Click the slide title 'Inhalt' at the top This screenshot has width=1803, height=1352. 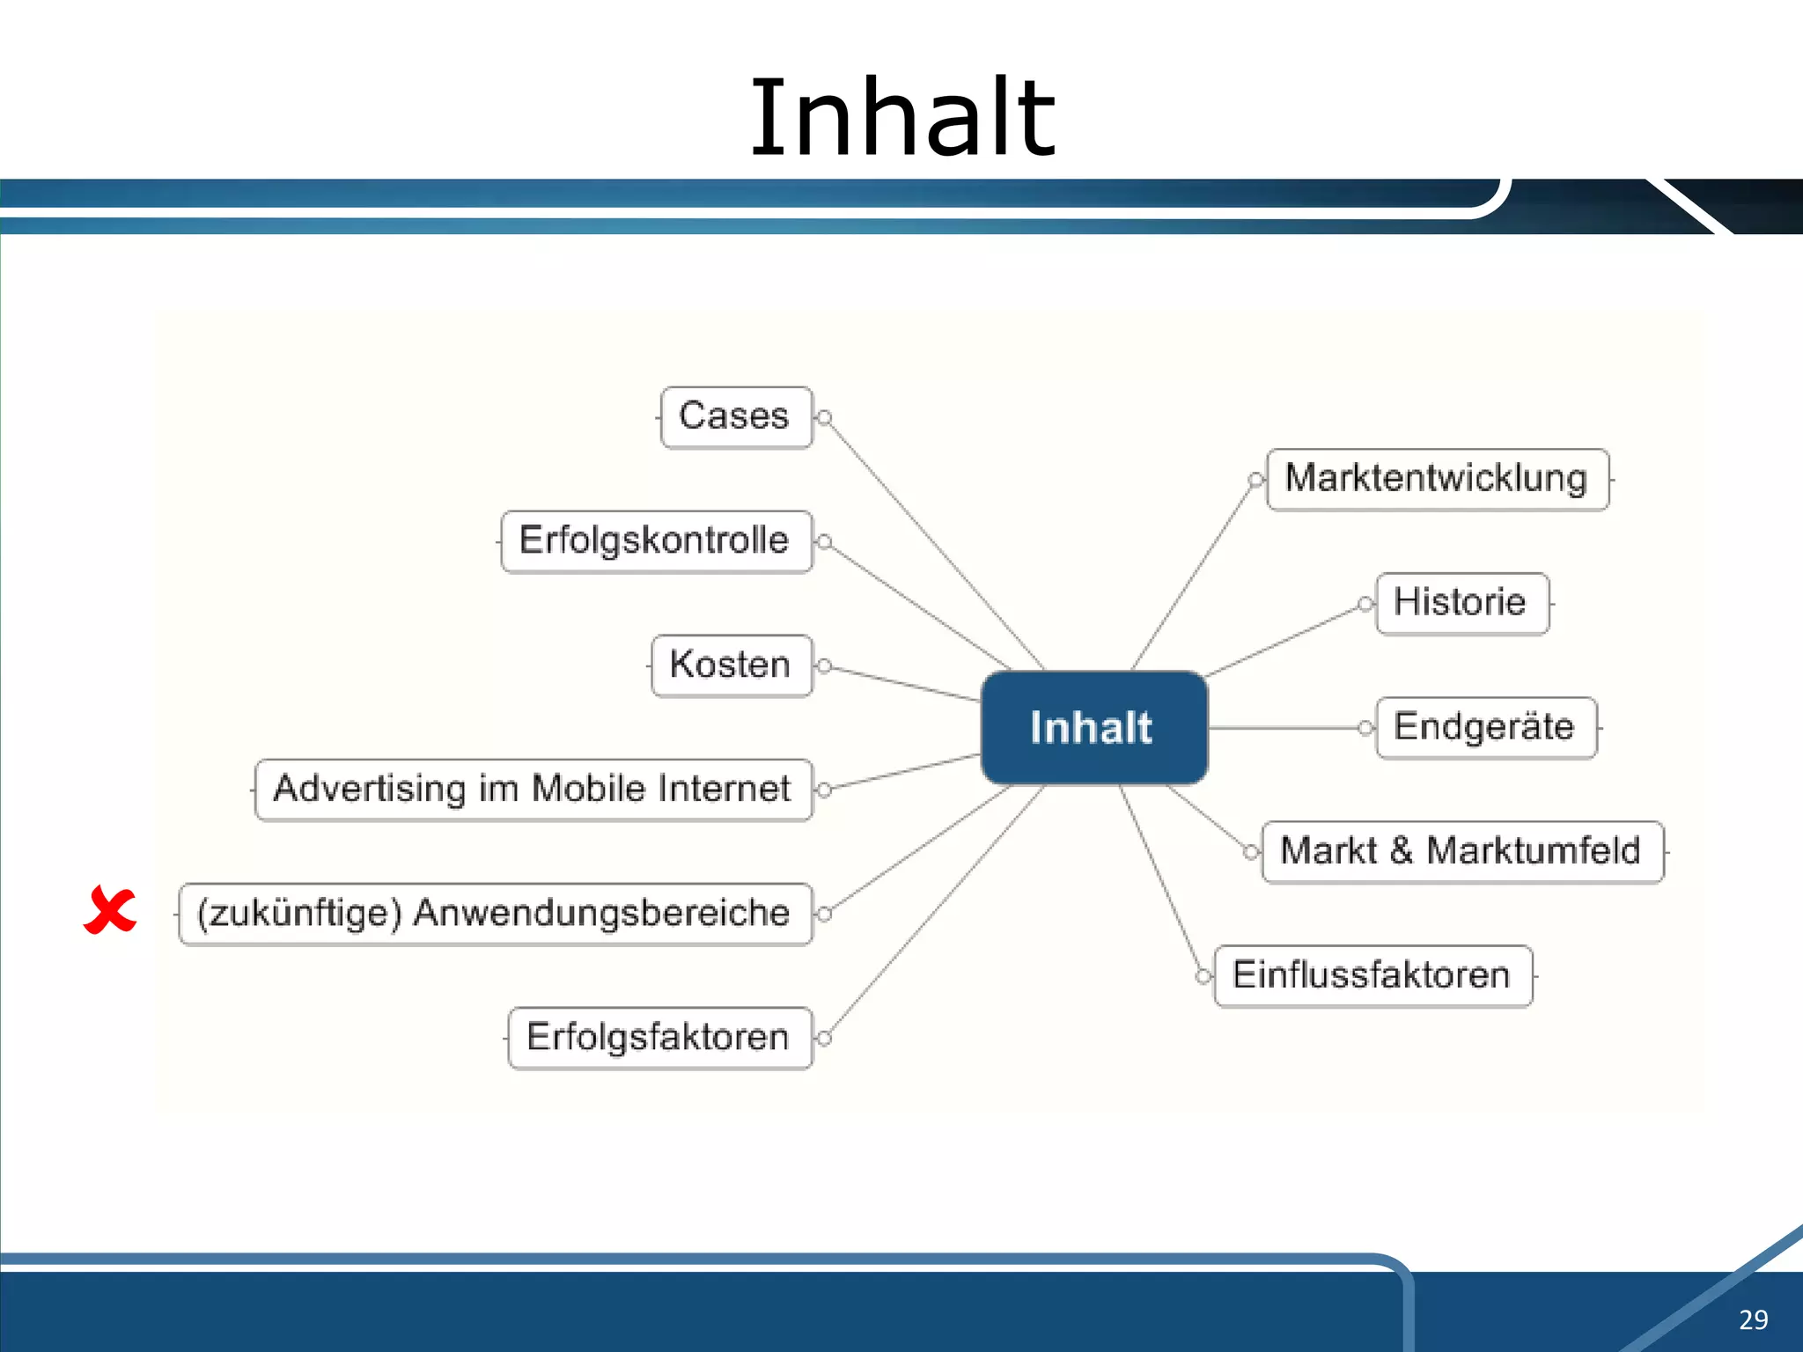click(x=901, y=119)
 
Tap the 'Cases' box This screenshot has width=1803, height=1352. click(x=736, y=417)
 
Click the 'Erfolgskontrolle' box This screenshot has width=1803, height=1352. click(x=656, y=541)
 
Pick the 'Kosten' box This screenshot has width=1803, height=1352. click(x=732, y=665)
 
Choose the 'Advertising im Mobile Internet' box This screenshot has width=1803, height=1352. click(x=534, y=790)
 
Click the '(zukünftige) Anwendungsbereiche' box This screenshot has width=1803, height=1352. click(x=495, y=914)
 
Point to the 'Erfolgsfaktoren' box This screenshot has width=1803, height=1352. click(x=659, y=1038)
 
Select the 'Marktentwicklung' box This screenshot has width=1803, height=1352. click(x=1437, y=479)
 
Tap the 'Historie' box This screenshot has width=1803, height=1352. click(x=1461, y=603)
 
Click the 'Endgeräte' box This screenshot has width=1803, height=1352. click(x=1485, y=728)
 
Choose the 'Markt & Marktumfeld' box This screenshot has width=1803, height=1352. click(x=1462, y=851)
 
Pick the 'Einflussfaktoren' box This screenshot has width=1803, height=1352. click(x=1372, y=975)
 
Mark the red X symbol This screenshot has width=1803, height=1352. click(x=110, y=910)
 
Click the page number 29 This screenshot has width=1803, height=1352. click(x=1753, y=1319)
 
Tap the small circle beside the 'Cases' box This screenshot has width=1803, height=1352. click(x=825, y=418)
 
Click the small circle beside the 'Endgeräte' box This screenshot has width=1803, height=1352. click(x=1365, y=728)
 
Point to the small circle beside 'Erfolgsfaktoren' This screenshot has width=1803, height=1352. click(x=825, y=1039)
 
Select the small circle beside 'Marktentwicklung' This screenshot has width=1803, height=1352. click(x=1255, y=480)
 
